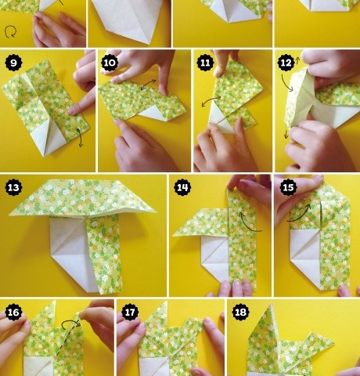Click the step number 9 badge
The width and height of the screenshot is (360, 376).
pyautogui.click(x=13, y=63)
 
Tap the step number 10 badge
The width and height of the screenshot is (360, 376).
pyautogui.click(x=110, y=63)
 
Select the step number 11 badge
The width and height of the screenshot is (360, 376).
pyautogui.click(x=205, y=63)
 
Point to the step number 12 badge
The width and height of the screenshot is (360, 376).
pyautogui.click(x=286, y=63)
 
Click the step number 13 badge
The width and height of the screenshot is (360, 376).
pyautogui.click(x=13, y=187)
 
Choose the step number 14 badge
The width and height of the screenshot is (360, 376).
pyautogui.click(x=182, y=187)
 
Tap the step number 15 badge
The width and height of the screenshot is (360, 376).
pyautogui.click(x=288, y=187)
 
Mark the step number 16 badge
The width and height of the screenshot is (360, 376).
pyautogui.click(x=13, y=312)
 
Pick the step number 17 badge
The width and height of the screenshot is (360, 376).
pyautogui.click(x=130, y=312)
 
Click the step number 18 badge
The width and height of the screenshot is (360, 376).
pyautogui.click(x=240, y=312)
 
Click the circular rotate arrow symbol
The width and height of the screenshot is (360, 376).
pyautogui.click(x=10, y=32)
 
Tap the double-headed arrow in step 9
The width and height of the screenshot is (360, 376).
pyautogui.click(x=80, y=138)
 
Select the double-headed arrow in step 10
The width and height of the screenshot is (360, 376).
pyautogui.click(x=148, y=85)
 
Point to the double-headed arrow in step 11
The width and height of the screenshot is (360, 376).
pyautogui.click(x=211, y=101)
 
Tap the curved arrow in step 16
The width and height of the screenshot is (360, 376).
pyautogui.click(x=70, y=322)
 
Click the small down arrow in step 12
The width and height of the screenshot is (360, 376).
pyautogui.click(x=286, y=135)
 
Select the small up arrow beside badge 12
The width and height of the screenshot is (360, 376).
pyautogui.click(x=297, y=61)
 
